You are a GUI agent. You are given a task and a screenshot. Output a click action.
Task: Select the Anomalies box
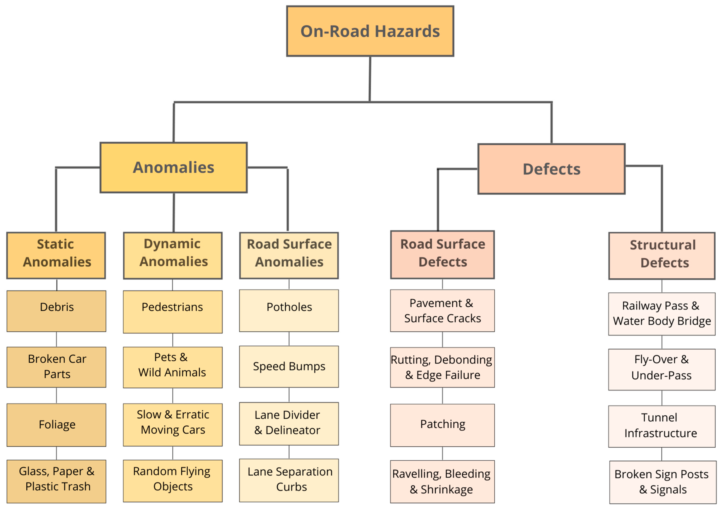point(174,167)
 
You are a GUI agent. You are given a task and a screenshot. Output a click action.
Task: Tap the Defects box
point(551,169)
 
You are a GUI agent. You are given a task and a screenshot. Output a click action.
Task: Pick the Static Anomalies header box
point(56,255)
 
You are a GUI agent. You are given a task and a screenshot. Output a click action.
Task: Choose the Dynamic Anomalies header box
point(173,255)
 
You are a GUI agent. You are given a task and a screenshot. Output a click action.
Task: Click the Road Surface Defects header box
point(443,255)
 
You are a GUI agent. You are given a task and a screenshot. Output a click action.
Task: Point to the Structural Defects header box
point(662,256)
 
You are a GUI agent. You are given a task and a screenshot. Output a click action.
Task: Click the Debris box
point(57,311)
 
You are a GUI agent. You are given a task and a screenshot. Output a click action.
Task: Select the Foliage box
point(57,425)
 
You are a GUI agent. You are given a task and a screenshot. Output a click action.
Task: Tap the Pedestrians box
point(173,312)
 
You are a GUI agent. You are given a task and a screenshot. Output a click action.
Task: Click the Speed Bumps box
point(289,367)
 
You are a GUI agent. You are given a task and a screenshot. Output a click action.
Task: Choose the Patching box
point(443,425)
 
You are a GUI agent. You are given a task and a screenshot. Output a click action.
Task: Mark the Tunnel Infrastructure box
point(662,426)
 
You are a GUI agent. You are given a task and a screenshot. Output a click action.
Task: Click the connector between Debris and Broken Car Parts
point(57,339)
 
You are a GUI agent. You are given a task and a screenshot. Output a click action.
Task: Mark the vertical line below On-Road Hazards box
point(370,78)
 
